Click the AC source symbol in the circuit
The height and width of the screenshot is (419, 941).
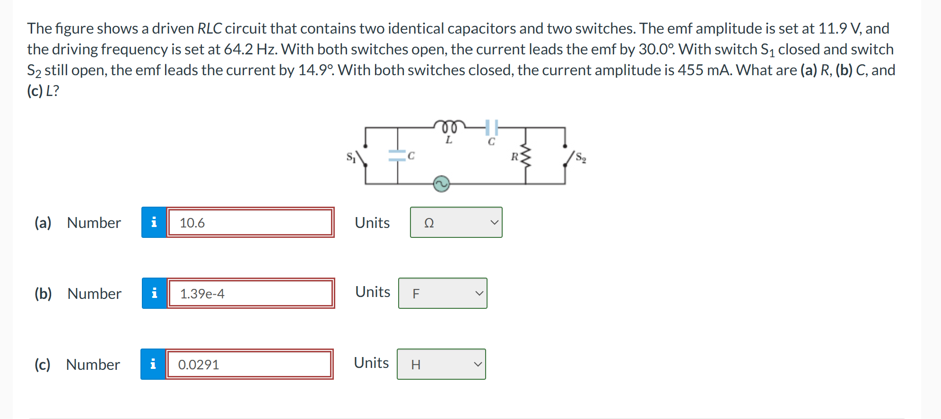pyautogui.click(x=441, y=183)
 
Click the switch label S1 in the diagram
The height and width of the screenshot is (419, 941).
pyautogui.click(x=350, y=157)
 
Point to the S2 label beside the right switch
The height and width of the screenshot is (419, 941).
pyautogui.click(x=581, y=158)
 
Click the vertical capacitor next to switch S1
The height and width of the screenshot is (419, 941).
pyautogui.click(x=397, y=156)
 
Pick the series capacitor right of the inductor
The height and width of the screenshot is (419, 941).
pyautogui.click(x=492, y=127)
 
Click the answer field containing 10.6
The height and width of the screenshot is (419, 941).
pyautogui.click(x=250, y=222)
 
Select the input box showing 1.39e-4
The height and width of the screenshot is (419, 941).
pyautogui.click(x=251, y=293)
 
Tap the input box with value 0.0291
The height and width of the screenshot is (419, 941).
pyautogui.click(x=249, y=364)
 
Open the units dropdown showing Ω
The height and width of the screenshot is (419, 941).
pyautogui.click(x=456, y=222)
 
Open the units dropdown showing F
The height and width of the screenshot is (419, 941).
pyautogui.click(x=443, y=293)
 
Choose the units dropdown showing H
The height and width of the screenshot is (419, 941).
pyautogui.click(x=441, y=364)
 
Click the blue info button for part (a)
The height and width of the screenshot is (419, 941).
pyautogui.click(x=154, y=222)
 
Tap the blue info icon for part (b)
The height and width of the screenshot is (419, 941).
pyautogui.click(x=154, y=293)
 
